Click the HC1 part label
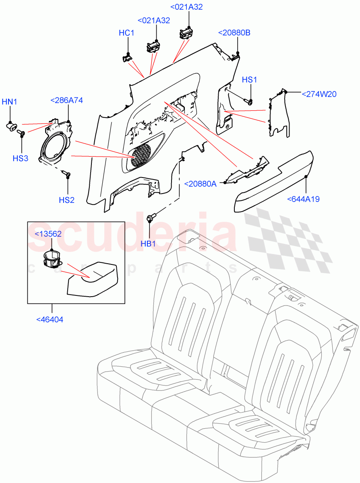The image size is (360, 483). coord(126,33)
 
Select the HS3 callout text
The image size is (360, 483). coord(20,158)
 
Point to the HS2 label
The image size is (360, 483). coord(67,200)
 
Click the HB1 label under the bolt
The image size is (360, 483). coord(148,244)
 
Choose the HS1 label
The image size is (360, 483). coord(249,80)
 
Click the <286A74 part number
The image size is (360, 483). coord(66,101)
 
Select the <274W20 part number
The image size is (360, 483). coord(319,94)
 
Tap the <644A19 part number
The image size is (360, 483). coord(303,199)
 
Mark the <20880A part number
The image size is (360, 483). coord(200,184)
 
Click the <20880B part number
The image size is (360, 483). coord(234,33)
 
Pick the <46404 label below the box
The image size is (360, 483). coord(50,320)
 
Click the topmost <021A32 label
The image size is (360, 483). coord(187,7)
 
